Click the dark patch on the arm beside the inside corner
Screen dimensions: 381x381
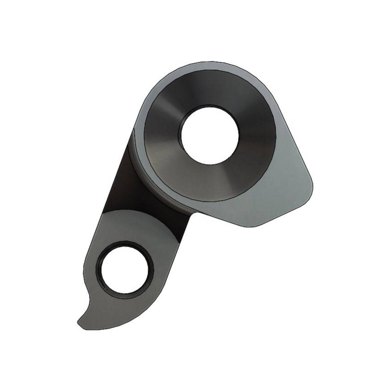coord(181,222)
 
